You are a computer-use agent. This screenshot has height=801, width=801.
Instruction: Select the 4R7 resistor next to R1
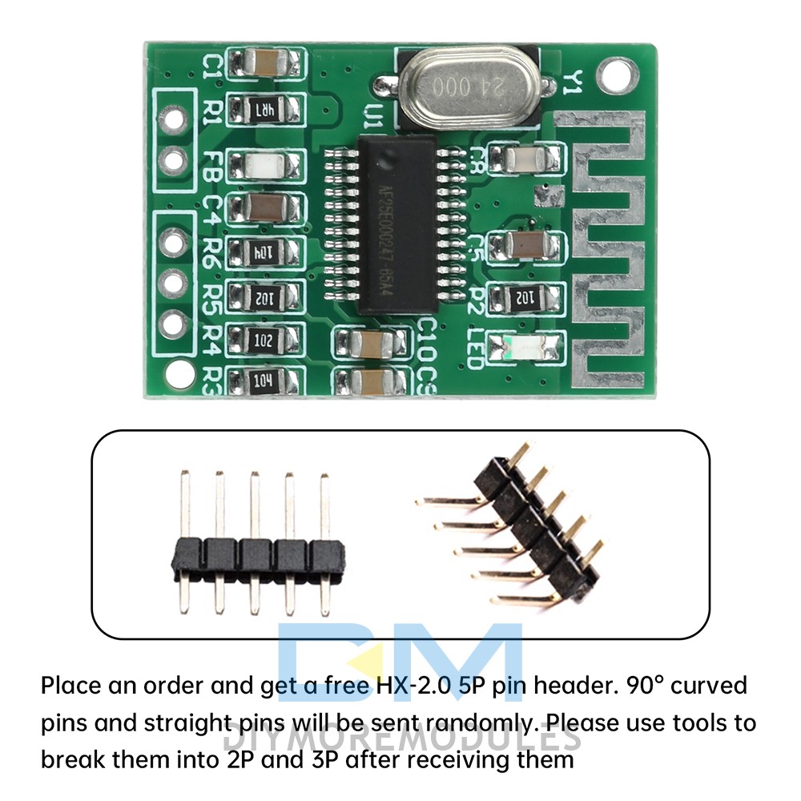coord(265,108)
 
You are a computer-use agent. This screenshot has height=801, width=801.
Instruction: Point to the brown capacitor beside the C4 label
coord(265,208)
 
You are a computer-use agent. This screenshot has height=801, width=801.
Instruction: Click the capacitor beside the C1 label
coord(265,62)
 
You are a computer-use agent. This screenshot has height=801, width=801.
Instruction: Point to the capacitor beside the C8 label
coord(525,159)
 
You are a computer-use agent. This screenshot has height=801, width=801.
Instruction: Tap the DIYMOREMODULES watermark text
coord(400,739)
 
